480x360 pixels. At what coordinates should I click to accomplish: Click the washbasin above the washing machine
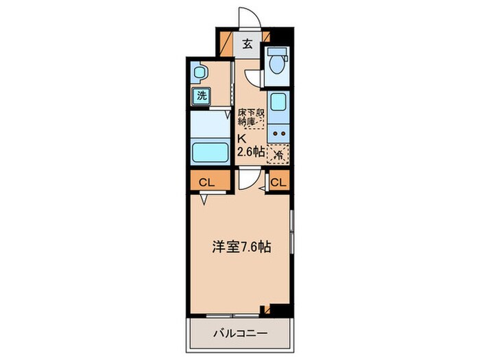click(199, 71)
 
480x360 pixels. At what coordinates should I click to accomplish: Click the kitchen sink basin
click(278, 104)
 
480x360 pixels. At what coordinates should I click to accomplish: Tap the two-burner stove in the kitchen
click(278, 133)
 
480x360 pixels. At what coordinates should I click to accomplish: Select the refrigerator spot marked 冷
click(278, 154)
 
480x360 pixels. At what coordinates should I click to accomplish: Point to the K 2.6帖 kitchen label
click(250, 145)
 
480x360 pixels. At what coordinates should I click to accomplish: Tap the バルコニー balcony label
click(239, 335)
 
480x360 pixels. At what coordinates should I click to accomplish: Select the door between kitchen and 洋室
click(250, 180)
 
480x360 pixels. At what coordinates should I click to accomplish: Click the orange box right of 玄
click(266, 38)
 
